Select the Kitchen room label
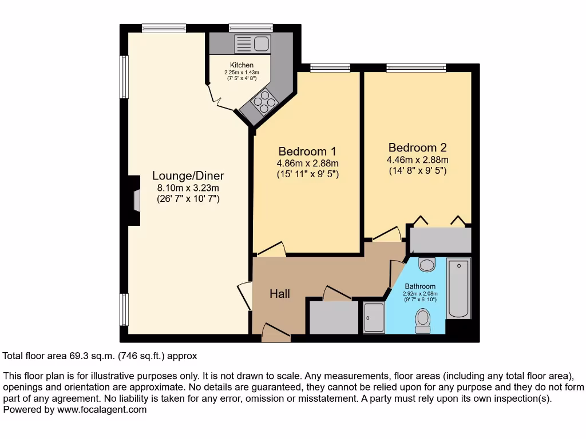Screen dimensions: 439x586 coord(241,65)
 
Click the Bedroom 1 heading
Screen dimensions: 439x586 coord(307,151)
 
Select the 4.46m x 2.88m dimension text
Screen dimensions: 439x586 coord(417,159)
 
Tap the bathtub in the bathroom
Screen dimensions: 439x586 coord(458,288)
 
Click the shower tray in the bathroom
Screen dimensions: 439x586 coord(374,317)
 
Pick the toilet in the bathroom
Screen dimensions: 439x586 coord(423,321)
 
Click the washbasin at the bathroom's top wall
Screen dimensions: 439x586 coord(427,264)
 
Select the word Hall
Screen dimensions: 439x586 coord(280,294)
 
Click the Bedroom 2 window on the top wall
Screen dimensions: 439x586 coord(415,67)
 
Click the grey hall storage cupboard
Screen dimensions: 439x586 coord(334,317)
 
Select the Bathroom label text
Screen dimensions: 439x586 coord(420,286)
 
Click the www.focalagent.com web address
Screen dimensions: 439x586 coord(101,409)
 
